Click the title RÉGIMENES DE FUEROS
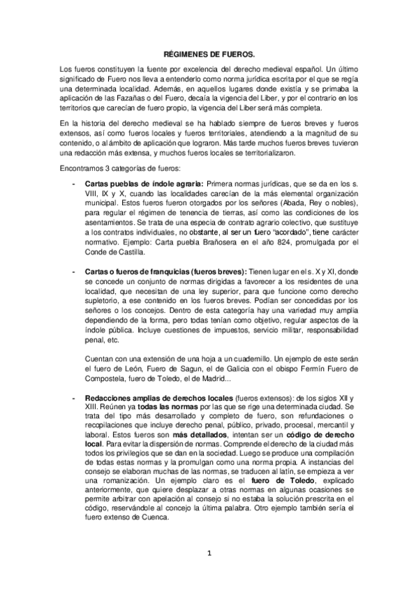click(209, 53)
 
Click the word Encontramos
click(84, 169)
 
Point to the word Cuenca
click(151, 518)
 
